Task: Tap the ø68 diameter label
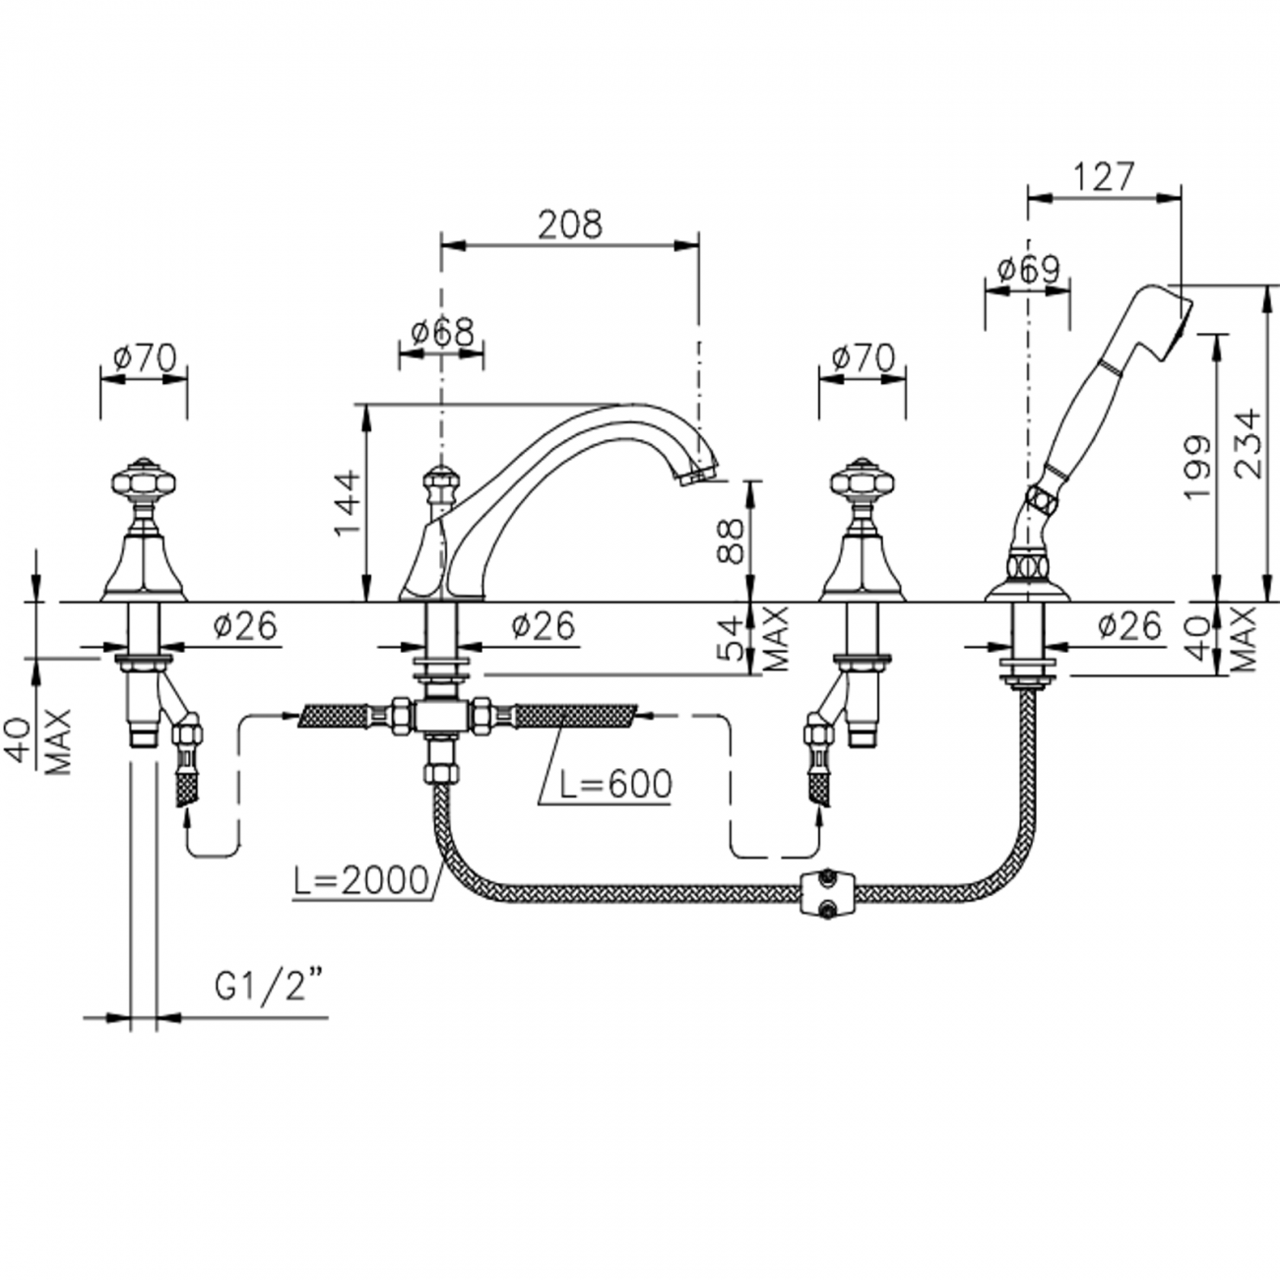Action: [x=442, y=332]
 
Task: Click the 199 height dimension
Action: [x=1197, y=466]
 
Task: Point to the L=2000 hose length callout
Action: [x=361, y=880]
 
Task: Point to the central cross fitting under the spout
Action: [x=440, y=717]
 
